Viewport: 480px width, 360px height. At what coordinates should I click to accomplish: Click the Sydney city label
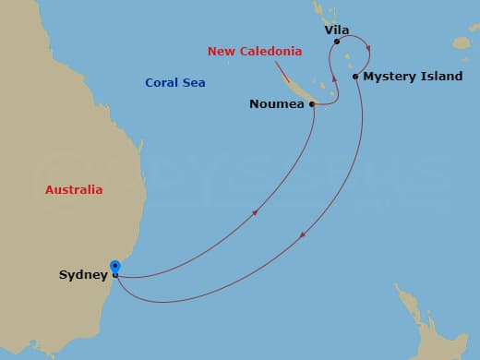point(82,275)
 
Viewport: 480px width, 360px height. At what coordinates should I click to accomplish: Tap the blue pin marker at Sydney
point(114,268)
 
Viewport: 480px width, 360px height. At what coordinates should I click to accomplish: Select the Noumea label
point(277,104)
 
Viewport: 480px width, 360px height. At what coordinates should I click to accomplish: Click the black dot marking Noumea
point(312,104)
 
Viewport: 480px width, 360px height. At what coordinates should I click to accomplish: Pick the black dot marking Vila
point(337,42)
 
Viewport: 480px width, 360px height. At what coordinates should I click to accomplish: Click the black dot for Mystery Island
point(355,77)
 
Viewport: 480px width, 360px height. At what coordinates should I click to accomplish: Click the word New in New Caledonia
point(222,52)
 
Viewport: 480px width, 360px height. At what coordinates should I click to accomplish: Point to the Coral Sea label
point(174,83)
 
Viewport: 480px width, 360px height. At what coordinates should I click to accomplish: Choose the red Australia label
point(74,190)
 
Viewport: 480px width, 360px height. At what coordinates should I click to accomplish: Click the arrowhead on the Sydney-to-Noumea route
point(254,213)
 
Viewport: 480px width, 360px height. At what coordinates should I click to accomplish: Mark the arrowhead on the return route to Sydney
point(302,239)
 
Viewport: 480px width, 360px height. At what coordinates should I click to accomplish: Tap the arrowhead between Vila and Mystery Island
point(366,49)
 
